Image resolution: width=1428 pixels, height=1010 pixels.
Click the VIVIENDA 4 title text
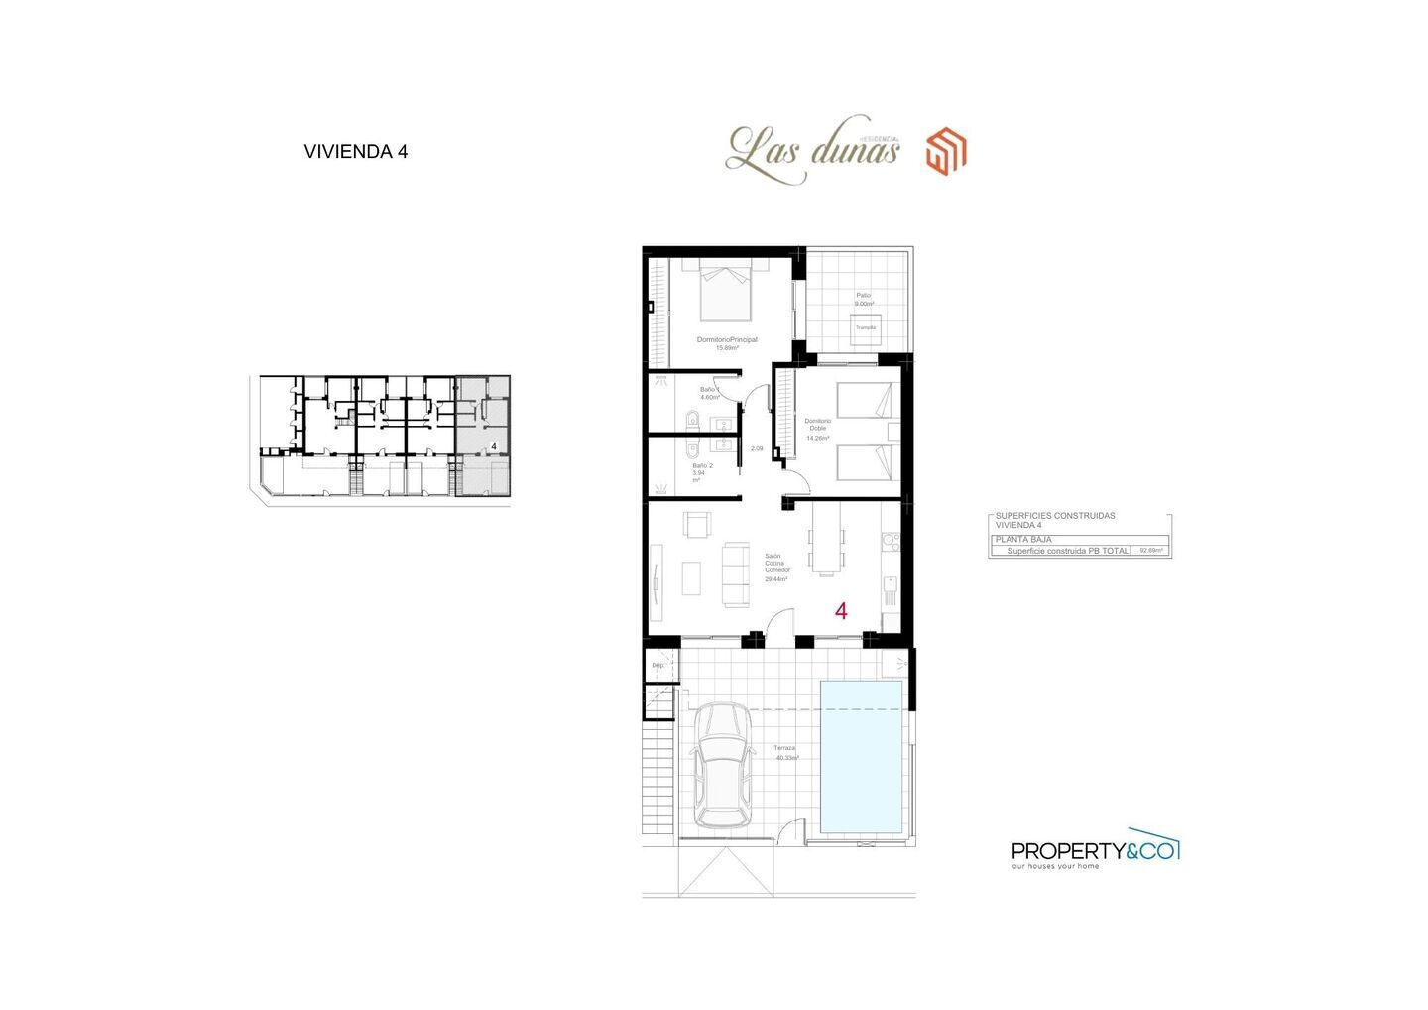pos(355,152)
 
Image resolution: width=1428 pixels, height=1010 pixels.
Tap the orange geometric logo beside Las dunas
pos(946,152)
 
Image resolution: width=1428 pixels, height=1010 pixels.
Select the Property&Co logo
pos(1095,850)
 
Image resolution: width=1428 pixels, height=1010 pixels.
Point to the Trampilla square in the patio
pos(866,328)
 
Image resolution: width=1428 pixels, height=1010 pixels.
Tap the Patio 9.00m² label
pos(864,299)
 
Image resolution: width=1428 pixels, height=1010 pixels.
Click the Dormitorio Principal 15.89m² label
pos(727,343)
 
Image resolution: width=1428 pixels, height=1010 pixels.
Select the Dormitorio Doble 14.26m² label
pos(817,429)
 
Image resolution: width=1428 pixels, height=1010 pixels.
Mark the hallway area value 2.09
pos(757,448)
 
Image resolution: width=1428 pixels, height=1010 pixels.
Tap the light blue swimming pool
pos(862,756)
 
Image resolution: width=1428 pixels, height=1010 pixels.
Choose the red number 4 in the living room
pos(841,611)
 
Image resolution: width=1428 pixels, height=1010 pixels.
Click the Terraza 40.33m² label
pos(786,752)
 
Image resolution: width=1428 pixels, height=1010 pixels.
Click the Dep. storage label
pos(656,666)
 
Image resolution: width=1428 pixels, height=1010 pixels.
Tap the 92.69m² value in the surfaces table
pos(1151,550)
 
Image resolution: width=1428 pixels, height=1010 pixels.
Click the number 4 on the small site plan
pos(493,447)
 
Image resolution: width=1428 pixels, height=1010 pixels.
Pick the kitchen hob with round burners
pos(891,542)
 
